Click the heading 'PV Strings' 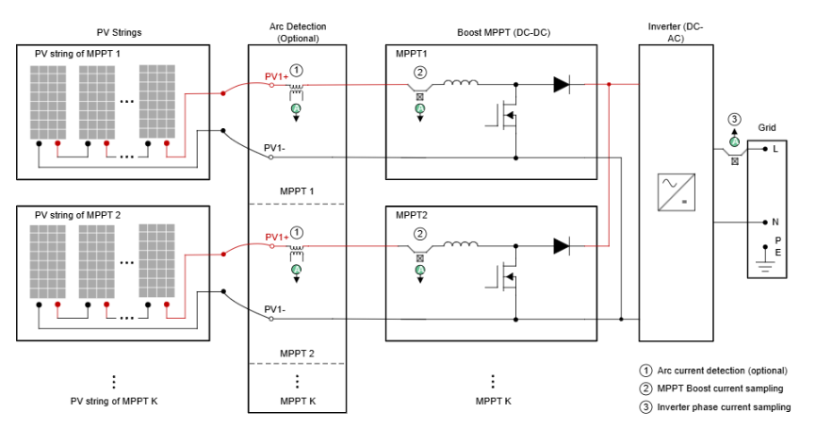coord(119,33)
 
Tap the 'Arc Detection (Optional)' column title coord(297,33)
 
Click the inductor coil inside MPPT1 coord(460,84)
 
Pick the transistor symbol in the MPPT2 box coord(507,279)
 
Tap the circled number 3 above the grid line coord(734,119)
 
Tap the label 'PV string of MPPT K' coord(115,402)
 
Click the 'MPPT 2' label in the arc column coord(297,354)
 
